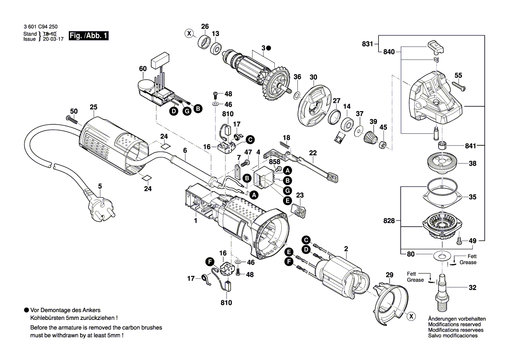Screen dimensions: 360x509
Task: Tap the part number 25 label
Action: pos(94,107)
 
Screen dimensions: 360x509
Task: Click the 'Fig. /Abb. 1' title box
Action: pos(88,37)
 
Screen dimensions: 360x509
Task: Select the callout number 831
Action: pos(367,44)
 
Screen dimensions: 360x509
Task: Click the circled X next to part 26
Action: pos(189,33)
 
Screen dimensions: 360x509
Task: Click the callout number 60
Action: pos(143,69)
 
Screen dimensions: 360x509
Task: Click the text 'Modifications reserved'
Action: pos(454,325)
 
